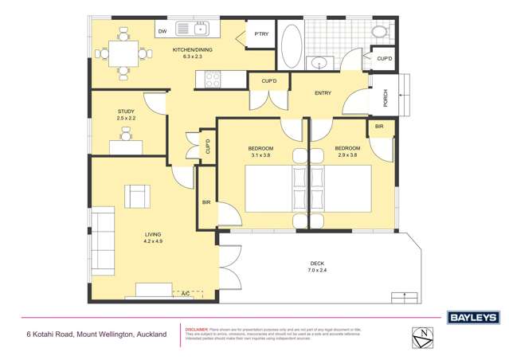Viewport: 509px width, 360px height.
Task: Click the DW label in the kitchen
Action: tap(162, 31)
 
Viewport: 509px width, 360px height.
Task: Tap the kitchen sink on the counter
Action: tap(191, 30)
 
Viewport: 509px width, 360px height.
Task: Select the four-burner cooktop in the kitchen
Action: tap(213, 79)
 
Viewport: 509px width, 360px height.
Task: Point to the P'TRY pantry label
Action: tap(260, 34)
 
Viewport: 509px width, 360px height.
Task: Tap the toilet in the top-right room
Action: tap(380, 31)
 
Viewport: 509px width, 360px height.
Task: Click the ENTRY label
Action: tap(323, 93)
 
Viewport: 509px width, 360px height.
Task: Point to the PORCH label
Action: tap(386, 97)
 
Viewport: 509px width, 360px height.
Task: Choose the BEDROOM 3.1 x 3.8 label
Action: tap(261, 152)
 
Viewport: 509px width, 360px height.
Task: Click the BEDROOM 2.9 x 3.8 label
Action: tap(347, 152)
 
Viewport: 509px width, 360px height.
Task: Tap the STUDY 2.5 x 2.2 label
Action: tap(126, 115)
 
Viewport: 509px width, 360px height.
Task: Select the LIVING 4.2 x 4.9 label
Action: tap(153, 237)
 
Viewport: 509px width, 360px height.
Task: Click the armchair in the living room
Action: tap(137, 196)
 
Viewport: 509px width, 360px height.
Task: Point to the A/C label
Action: tap(186, 295)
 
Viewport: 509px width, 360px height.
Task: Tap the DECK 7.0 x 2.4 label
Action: tap(317, 267)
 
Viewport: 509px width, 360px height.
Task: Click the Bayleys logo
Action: tap(472, 317)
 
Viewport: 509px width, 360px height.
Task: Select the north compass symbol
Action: tap(423, 336)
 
